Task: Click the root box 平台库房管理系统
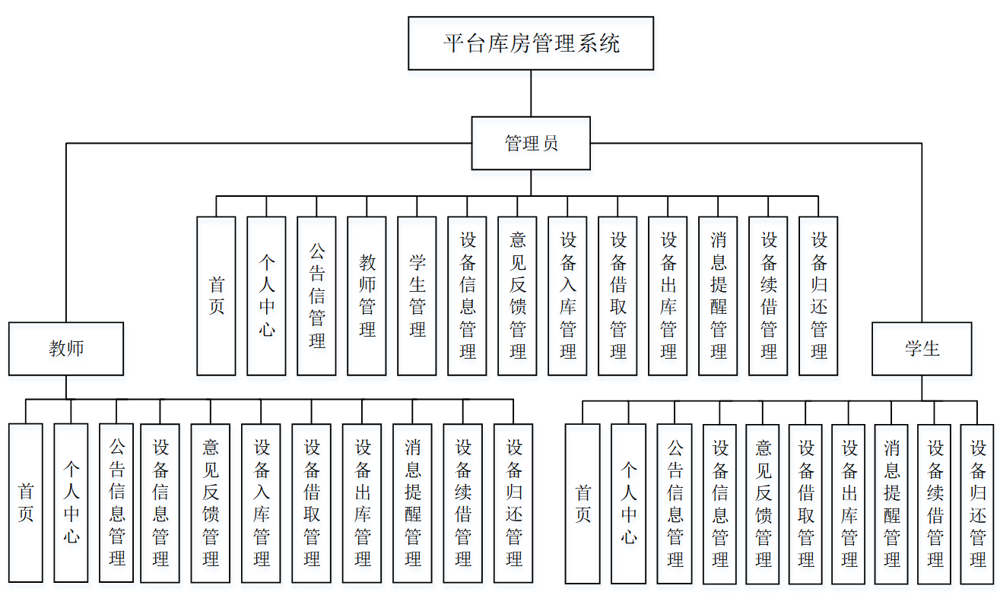(531, 43)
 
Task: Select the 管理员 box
(531, 143)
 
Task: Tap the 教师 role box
(66, 349)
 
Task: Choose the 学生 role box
(922, 349)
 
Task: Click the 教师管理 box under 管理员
(367, 296)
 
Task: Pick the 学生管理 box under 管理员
(417, 296)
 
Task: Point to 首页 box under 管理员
(216, 296)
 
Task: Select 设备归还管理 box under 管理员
(818, 296)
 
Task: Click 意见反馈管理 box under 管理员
(517, 296)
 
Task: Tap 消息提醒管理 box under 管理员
(718, 296)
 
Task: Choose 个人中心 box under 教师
(71, 502)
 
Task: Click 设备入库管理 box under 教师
(261, 502)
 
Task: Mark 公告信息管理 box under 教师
(116, 502)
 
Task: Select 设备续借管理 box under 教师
(463, 502)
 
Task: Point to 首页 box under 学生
(583, 503)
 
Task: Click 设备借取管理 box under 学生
(806, 503)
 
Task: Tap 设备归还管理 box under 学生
(977, 503)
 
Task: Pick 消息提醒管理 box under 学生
(892, 503)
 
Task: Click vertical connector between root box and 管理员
(531, 93)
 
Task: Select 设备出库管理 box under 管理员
(668, 296)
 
